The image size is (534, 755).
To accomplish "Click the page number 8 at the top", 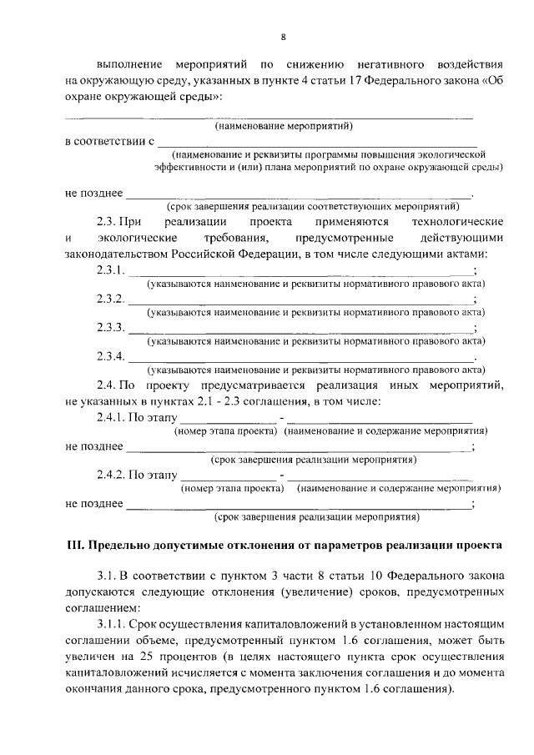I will click(283, 37).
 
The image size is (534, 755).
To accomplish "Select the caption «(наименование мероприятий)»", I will click(284, 127).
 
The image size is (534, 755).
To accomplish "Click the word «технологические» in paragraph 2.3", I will click(458, 222).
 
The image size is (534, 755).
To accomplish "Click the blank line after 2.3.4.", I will click(300, 359).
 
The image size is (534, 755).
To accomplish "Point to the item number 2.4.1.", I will click(111, 418).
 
